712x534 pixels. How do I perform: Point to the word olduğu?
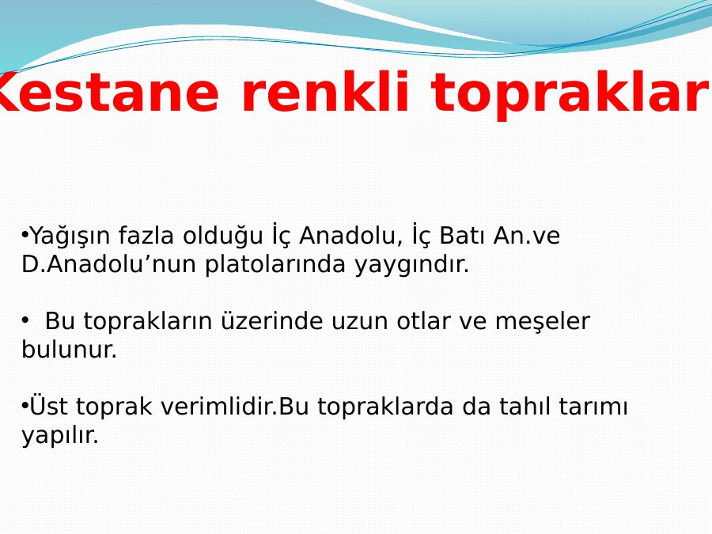tap(223, 237)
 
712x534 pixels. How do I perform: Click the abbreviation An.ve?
tap(527, 235)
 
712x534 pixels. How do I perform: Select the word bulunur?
tap(70, 349)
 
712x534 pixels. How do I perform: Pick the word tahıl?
tap(525, 406)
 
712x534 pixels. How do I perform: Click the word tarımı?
tap(593, 406)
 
